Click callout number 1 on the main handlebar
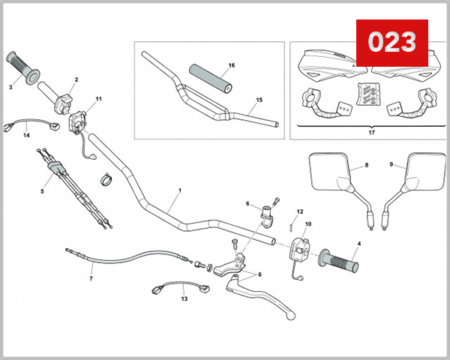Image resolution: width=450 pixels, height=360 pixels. tap(180, 192)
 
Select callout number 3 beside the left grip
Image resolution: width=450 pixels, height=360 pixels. tap(10, 87)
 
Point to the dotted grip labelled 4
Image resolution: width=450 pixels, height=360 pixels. tap(339, 262)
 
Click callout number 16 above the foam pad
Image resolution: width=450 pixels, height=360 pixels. tap(231, 65)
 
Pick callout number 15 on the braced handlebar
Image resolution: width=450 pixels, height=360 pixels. tap(259, 100)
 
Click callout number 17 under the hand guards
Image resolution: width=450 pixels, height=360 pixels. tap(372, 133)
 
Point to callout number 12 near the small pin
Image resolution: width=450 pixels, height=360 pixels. tap(299, 211)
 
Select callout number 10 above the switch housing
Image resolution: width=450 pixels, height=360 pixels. tap(308, 224)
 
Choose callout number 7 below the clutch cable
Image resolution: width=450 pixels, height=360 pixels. tap(91, 278)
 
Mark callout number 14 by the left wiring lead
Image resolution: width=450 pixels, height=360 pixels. tap(26, 136)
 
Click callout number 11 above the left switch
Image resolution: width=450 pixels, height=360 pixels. tap(98, 99)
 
